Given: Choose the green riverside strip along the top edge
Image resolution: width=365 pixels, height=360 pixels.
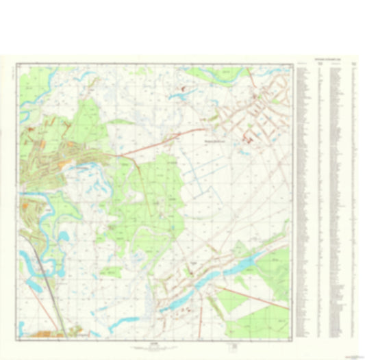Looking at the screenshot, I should (205, 73).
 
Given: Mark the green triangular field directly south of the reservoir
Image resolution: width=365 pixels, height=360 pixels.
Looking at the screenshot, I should (233, 301).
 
